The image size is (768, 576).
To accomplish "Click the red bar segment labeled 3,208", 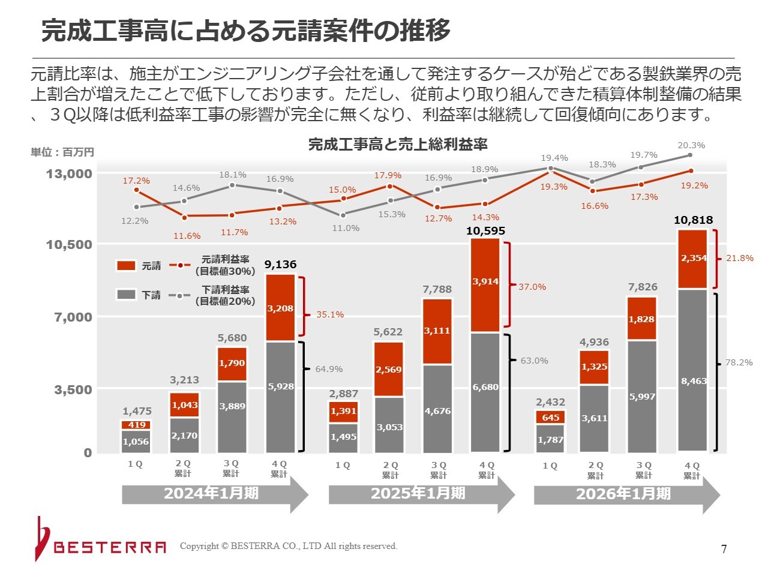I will coord(280,308).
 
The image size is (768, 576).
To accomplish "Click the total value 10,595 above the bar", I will coord(485,231).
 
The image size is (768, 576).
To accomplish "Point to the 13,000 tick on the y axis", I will coord(70,174).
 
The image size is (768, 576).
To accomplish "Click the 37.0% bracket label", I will coord(532,287).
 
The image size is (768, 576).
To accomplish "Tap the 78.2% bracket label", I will coord(739,362).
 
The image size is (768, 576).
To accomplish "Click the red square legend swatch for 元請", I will coord(126,265).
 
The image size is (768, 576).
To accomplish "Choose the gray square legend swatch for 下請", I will coord(126,295).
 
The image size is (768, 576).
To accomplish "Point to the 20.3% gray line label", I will coord(691,145).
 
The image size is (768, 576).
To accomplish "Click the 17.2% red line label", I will coord(136,181).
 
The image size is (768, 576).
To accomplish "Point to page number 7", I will coord(724,549).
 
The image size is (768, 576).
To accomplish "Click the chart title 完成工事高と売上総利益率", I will coord(397,145).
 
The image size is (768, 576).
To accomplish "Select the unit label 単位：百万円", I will coord(62,152).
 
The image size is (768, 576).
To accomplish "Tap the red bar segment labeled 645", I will coord(550,417).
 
